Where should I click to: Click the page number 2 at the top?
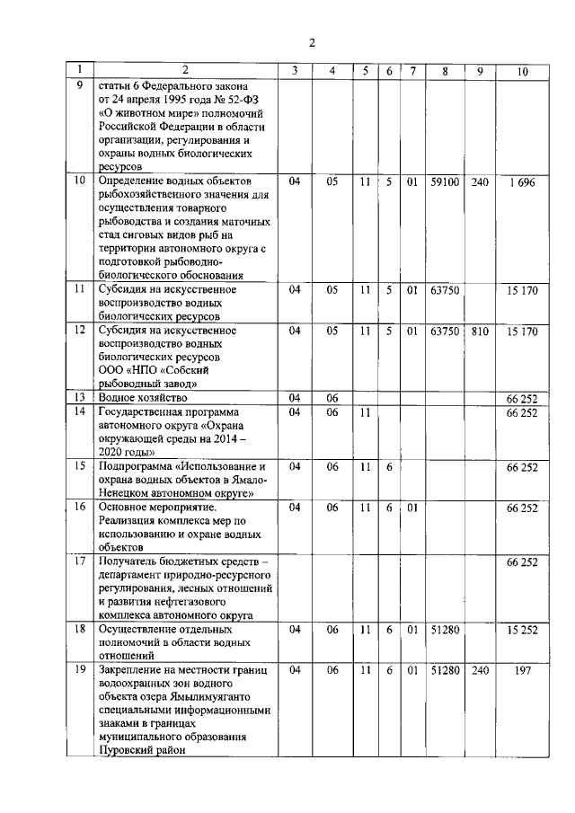pos(312,42)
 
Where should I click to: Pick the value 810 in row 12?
pos(480,331)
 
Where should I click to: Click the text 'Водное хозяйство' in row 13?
pos(142,398)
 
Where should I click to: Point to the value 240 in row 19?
pos(480,670)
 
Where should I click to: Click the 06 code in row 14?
pos(332,412)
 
